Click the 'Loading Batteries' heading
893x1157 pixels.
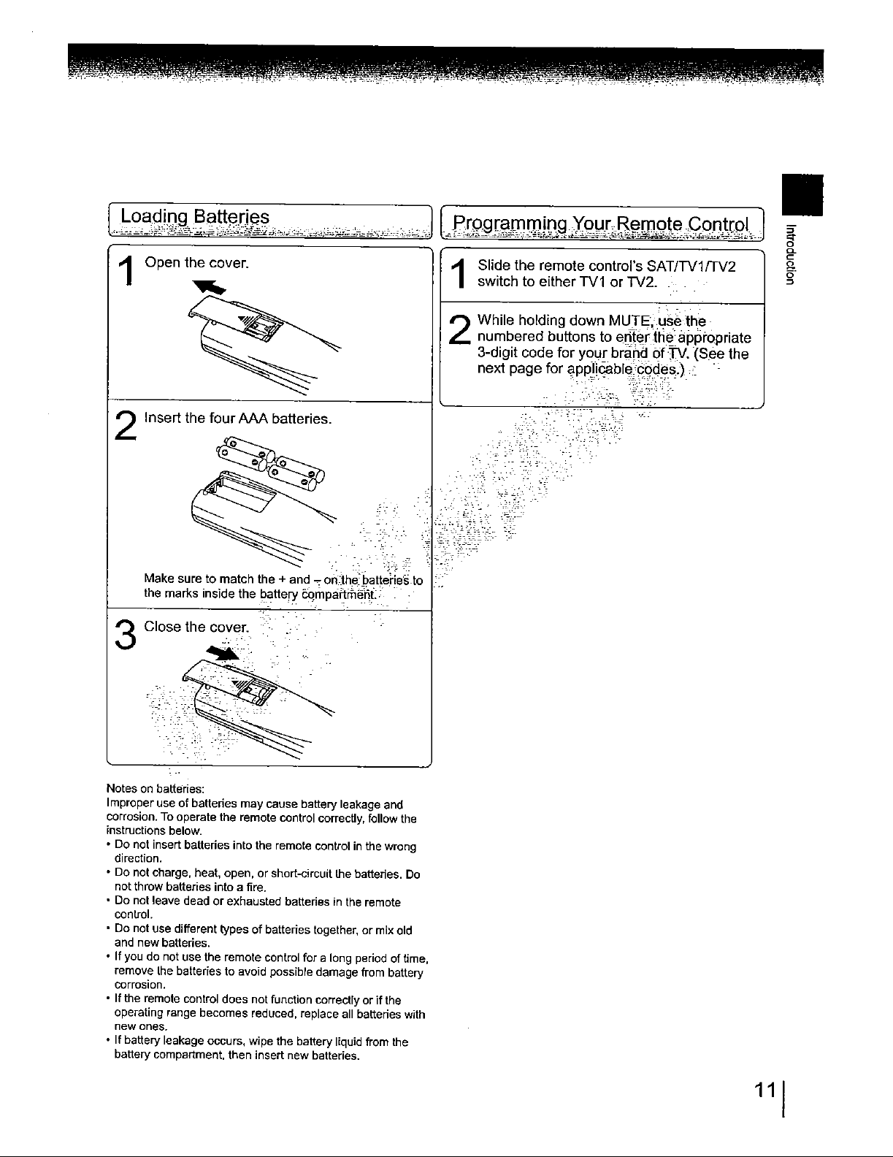(195, 217)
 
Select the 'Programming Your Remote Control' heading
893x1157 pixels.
(602, 222)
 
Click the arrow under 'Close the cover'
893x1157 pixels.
(223, 652)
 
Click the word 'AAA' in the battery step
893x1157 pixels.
(254, 419)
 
